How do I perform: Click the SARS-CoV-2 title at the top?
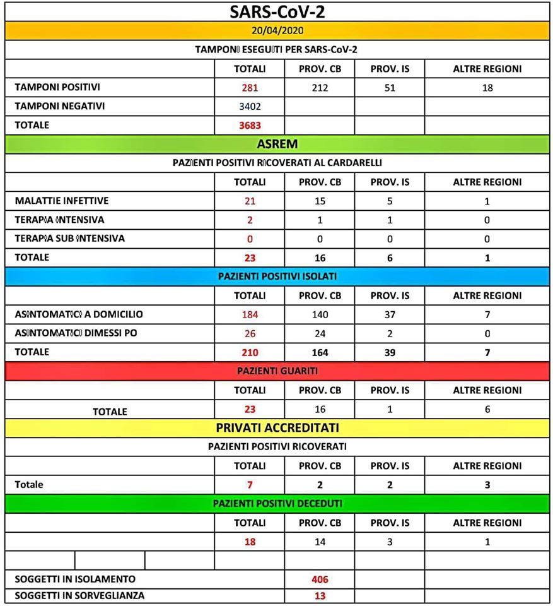coord(277,11)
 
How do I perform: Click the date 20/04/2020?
coord(277,30)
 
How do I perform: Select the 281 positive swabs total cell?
coord(250,88)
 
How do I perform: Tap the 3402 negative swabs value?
coord(250,106)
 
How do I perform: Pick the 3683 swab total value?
coord(250,125)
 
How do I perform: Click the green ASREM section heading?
coord(277,144)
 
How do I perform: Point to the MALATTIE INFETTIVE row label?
coord(62,201)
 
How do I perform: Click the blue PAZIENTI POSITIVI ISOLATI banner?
coord(277,276)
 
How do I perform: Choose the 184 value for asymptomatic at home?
coord(250,314)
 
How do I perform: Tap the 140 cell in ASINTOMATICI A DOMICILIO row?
coord(320,314)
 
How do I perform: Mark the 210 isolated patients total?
coord(250,352)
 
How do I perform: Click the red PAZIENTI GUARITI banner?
coord(277,371)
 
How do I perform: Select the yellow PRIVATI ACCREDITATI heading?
coord(277,428)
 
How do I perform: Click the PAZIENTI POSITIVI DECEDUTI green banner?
coord(277,504)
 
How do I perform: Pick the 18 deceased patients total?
coord(250,542)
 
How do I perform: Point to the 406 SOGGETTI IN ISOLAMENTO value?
coord(320,579)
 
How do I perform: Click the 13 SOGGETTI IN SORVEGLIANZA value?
coord(320,595)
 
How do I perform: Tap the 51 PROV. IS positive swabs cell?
coord(390,88)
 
